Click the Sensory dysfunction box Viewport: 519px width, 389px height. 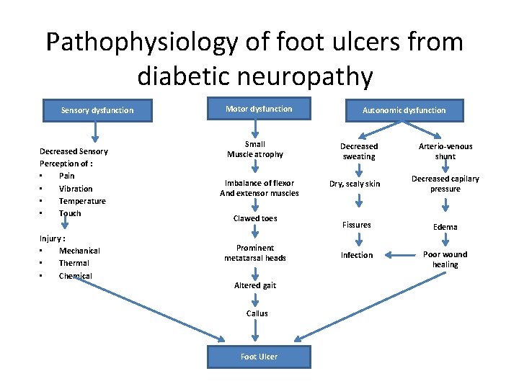tap(97, 110)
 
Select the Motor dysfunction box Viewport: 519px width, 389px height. tap(258, 109)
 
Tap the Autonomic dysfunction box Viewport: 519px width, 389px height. tap(404, 110)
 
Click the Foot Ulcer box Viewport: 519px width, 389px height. tap(259, 357)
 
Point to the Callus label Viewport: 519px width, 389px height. tap(257, 313)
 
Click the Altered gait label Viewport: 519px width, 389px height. tap(255, 285)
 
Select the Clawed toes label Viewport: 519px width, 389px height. tap(255, 218)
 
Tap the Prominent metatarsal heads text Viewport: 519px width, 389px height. tap(255, 253)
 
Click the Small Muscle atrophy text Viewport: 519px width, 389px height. tap(255, 149)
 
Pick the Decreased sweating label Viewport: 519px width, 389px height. tap(358, 151)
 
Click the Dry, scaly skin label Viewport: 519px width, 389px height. tap(355, 184)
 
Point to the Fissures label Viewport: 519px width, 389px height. tap(357, 225)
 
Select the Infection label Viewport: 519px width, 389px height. tap(357, 255)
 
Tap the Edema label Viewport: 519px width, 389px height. tap(445, 227)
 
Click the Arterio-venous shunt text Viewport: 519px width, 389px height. tap(445, 151)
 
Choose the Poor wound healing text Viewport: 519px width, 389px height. tap(445, 259)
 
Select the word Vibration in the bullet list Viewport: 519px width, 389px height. tap(76, 189)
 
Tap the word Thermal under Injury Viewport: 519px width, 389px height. tap(74, 263)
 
